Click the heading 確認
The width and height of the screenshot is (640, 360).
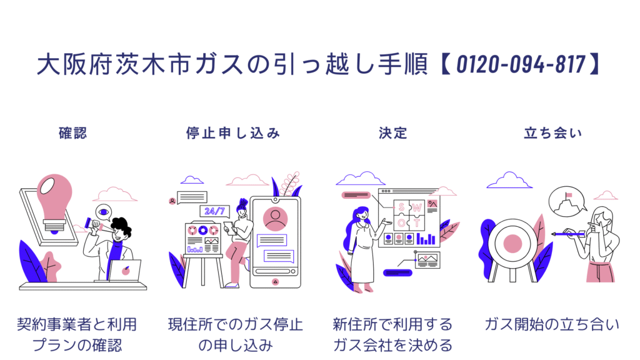coord(72,133)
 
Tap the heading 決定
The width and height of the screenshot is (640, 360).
coord(392,133)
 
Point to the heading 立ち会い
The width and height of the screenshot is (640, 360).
coord(552,133)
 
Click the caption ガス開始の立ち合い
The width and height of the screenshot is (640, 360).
coord(552,324)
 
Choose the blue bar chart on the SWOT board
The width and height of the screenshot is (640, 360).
coord(426,239)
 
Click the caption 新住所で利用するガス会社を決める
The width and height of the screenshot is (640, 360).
coord(392,334)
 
